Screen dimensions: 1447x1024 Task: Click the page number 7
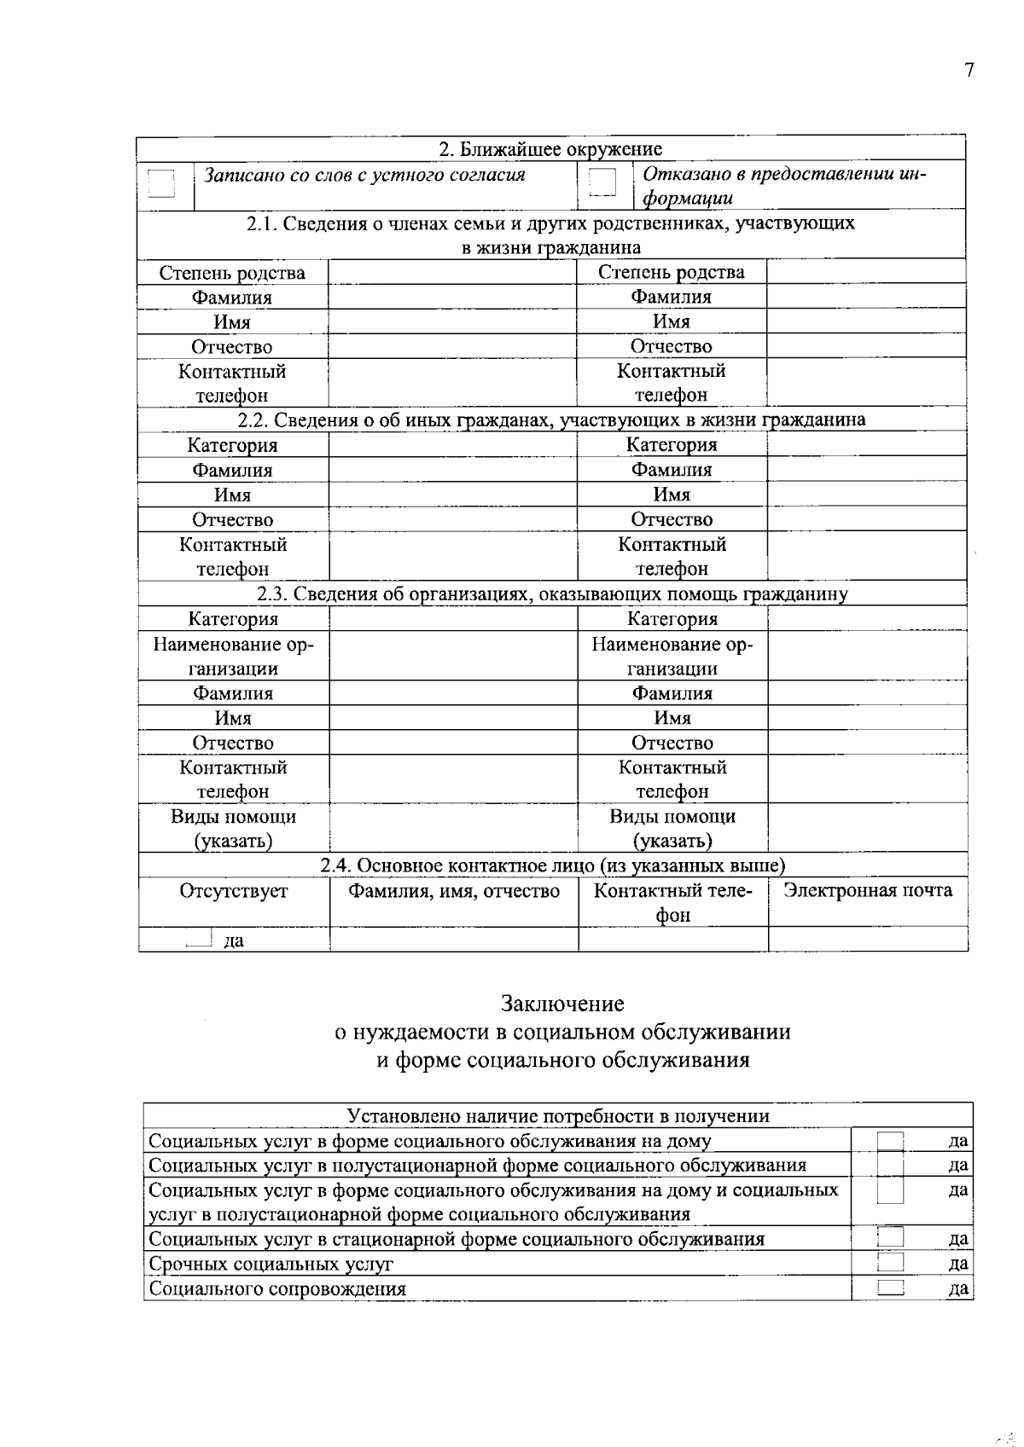tap(969, 71)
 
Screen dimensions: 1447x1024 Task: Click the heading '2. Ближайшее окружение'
tap(550, 149)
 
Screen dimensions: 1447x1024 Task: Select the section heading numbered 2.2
tap(551, 420)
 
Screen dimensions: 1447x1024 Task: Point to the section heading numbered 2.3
tap(552, 594)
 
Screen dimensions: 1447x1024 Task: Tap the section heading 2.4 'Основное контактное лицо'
tap(552, 865)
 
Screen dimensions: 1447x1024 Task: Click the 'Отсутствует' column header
tap(233, 891)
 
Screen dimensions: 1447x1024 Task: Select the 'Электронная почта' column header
tap(867, 891)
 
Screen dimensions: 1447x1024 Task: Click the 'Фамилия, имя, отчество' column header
tap(453, 891)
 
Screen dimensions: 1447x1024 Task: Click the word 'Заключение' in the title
tap(562, 1004)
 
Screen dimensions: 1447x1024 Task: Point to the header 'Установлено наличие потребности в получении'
tap(557, 1116)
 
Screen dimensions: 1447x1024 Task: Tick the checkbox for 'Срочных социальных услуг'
tap(890, 1263)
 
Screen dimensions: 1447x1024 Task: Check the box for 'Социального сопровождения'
tap(890, 1288)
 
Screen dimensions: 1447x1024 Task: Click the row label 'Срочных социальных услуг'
tap(271, 1264)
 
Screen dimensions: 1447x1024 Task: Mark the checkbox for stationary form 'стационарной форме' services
tap(890, 1238)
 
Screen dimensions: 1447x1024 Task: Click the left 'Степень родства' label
tap(232, 273)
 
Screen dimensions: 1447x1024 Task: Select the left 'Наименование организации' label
tap(233, 657)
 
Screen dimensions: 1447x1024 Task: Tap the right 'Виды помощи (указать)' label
tap(672, 828)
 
